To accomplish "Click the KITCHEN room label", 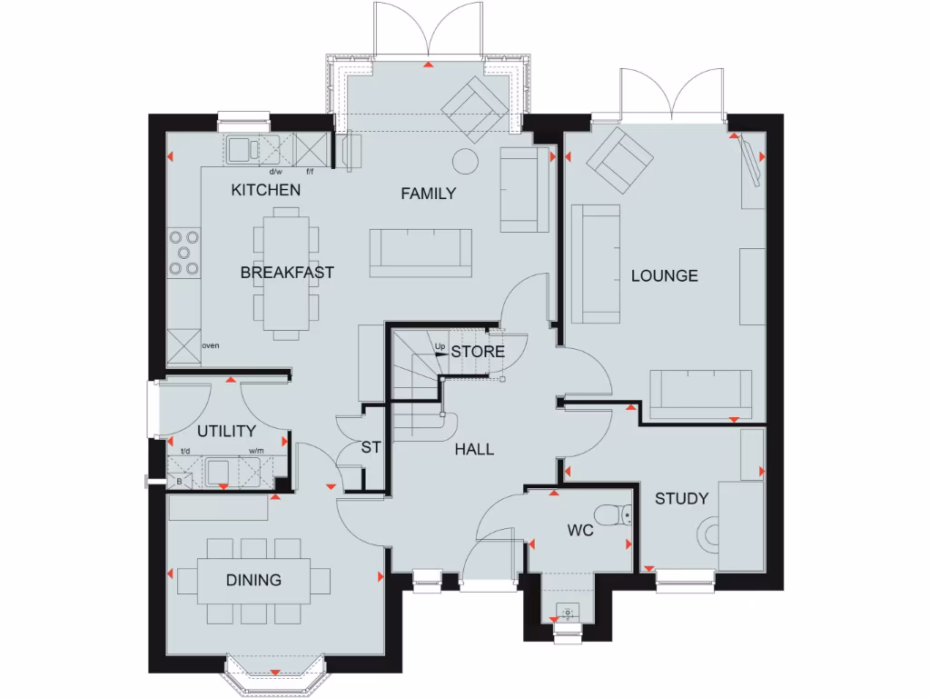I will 265,190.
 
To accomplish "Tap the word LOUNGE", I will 665,275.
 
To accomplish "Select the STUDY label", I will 681,498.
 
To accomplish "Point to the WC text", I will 580,530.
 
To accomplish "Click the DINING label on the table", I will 253,580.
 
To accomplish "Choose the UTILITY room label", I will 226,431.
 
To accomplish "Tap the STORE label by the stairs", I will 478,351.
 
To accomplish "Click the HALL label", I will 474,449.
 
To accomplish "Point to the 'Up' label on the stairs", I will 440,347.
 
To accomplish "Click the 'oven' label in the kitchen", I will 210,346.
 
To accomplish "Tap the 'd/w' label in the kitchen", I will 276,171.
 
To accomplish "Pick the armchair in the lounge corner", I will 618,159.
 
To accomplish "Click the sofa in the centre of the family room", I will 421,253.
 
